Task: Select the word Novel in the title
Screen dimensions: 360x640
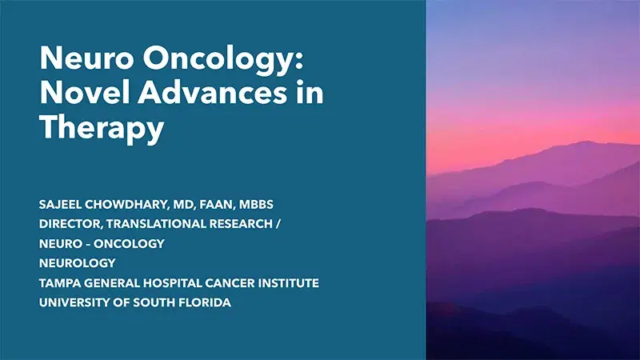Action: (x=76, y=94)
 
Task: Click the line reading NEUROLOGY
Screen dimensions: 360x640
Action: (x=77, y=262)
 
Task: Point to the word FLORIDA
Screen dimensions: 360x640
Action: (x=203, y=302)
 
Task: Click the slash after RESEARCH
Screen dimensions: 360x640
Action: (x=278, y=224)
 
